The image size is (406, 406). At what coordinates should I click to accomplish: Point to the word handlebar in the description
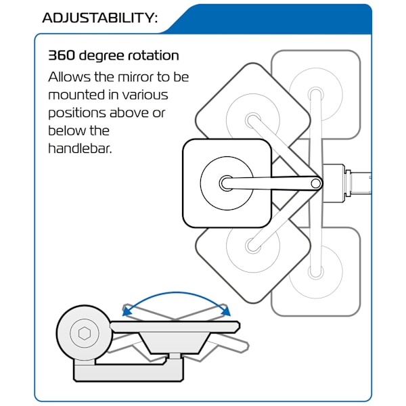point(80,149)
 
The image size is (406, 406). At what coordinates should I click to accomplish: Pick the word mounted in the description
point(77,95)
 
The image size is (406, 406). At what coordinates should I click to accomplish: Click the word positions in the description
point(77,114)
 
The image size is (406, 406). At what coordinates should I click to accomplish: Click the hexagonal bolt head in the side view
point(84,333)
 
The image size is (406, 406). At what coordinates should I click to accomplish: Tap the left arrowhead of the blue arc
point(127,310)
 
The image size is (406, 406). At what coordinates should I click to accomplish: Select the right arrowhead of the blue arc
point(225,310)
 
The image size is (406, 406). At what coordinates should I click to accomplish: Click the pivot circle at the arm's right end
point(315,183)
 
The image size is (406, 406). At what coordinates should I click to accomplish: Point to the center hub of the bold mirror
point(227,183)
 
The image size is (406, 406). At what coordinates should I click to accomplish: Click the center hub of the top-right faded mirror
point(315,95)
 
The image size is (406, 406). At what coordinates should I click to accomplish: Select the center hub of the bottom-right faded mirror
point(315,271)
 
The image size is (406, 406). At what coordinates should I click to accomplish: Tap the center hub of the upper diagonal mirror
point(252,120)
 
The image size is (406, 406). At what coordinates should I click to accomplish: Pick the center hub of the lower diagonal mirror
point(252,246)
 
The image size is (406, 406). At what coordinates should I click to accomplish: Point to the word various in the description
point(145,95)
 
